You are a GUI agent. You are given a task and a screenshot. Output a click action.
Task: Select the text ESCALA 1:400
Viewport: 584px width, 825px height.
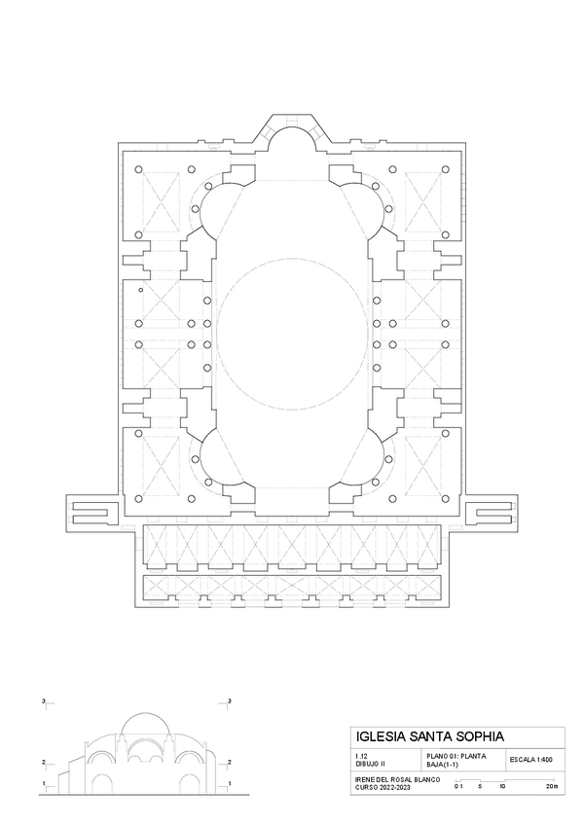530,759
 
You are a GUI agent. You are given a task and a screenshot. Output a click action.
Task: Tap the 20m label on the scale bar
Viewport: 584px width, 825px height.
552,786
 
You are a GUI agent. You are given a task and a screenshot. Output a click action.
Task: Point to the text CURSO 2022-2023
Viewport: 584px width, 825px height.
383,786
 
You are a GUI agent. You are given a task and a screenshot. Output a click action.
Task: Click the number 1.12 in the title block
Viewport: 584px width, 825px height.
361,756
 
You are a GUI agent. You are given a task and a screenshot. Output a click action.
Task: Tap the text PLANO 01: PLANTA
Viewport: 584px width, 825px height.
456,756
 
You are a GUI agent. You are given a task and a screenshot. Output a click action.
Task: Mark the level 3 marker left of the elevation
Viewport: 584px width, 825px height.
43,700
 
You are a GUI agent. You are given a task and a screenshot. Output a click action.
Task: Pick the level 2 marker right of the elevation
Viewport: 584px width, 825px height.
229,763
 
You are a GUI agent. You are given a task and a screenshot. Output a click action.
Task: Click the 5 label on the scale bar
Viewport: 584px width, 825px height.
480,786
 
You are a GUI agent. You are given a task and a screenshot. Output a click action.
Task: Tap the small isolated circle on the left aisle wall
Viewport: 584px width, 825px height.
140,291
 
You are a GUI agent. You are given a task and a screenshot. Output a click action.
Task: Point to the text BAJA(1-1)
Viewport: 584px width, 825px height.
444,764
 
